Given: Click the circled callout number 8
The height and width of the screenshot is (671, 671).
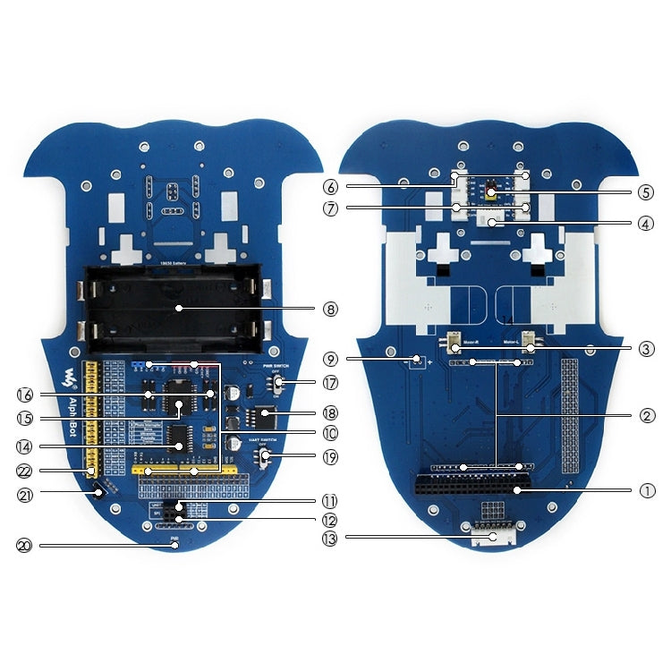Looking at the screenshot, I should [332, 309].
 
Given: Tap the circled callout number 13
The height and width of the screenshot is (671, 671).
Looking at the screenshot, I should [332, 537].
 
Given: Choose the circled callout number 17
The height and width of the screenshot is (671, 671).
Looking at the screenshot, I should [332, 383].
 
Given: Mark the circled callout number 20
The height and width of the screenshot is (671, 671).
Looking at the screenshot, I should [24, 544].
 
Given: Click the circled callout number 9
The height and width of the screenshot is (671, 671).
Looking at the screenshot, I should [332, 360].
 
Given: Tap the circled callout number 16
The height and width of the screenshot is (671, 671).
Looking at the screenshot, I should [24, 394].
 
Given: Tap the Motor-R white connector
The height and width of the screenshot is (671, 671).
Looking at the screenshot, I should [455, 344].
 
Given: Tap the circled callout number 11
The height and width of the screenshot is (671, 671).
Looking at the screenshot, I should [332, 501].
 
